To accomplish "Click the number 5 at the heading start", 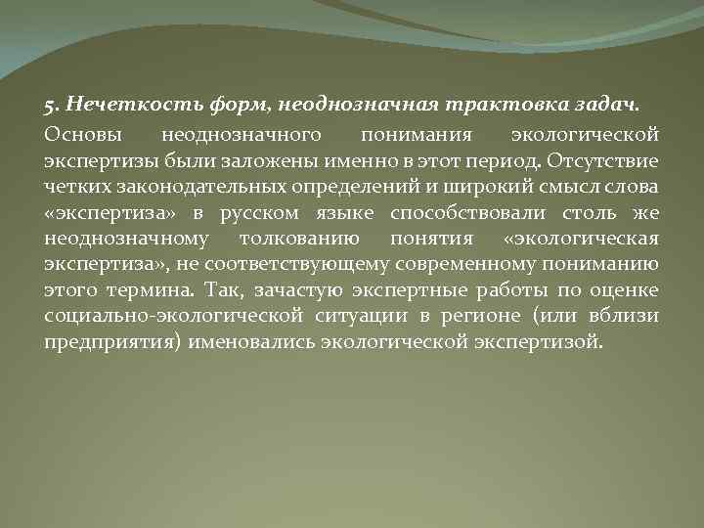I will pyautogui.click(x=48, y=104).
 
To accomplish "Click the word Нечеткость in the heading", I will pyautogui.click(x=111, y=104).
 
